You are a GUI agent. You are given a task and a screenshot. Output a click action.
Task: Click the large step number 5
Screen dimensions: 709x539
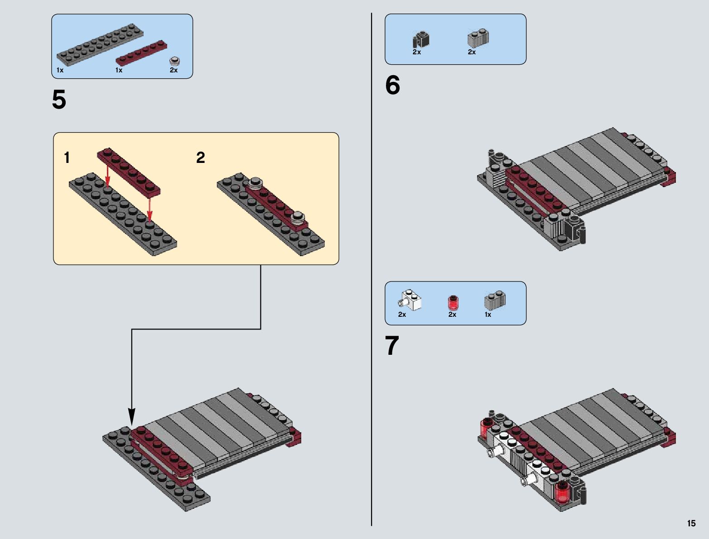point(59,100)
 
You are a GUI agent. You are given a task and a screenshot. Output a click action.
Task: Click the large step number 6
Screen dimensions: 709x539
point(392,85)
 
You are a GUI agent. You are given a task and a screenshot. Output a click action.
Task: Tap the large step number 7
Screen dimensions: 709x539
point(392,345)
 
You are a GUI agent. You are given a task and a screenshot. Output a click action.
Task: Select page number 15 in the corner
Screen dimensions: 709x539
point(691,523)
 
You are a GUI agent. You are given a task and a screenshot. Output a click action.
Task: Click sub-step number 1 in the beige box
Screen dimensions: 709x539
point(67,158)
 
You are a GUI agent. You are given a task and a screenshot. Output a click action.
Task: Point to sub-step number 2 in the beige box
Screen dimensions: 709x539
point(200,158)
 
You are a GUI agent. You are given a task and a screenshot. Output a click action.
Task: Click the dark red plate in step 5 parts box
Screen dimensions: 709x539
point(141,53)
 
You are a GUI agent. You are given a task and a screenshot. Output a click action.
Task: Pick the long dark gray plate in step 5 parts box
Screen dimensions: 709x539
point(100,44)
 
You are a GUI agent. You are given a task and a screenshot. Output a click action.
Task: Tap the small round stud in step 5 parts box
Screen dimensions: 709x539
point(174,61)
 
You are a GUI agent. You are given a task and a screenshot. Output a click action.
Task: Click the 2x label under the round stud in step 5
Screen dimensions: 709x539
point(174,70)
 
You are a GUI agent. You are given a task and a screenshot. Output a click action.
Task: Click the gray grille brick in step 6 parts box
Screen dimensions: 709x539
point(478,38)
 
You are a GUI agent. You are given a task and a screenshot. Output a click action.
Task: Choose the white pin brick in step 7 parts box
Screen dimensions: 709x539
point(410,300)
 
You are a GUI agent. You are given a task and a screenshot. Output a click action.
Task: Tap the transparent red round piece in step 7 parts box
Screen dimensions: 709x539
point(453,303)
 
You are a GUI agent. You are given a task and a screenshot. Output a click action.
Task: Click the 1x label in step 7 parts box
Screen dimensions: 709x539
point(488,315)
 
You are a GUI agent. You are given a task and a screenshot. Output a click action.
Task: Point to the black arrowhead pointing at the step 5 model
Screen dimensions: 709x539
point(131,417)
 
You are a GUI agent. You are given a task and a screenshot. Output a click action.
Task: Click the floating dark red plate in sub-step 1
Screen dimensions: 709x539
point(129,172)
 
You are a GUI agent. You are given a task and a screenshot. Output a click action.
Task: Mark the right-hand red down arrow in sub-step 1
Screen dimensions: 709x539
point(149,210)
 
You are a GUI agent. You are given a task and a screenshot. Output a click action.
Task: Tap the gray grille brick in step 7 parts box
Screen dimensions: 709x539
point(495,301)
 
